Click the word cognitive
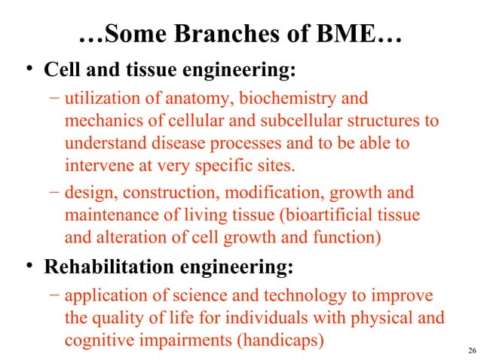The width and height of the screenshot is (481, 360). click(100, 339)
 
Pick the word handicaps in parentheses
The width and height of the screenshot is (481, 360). click(280, 339)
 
